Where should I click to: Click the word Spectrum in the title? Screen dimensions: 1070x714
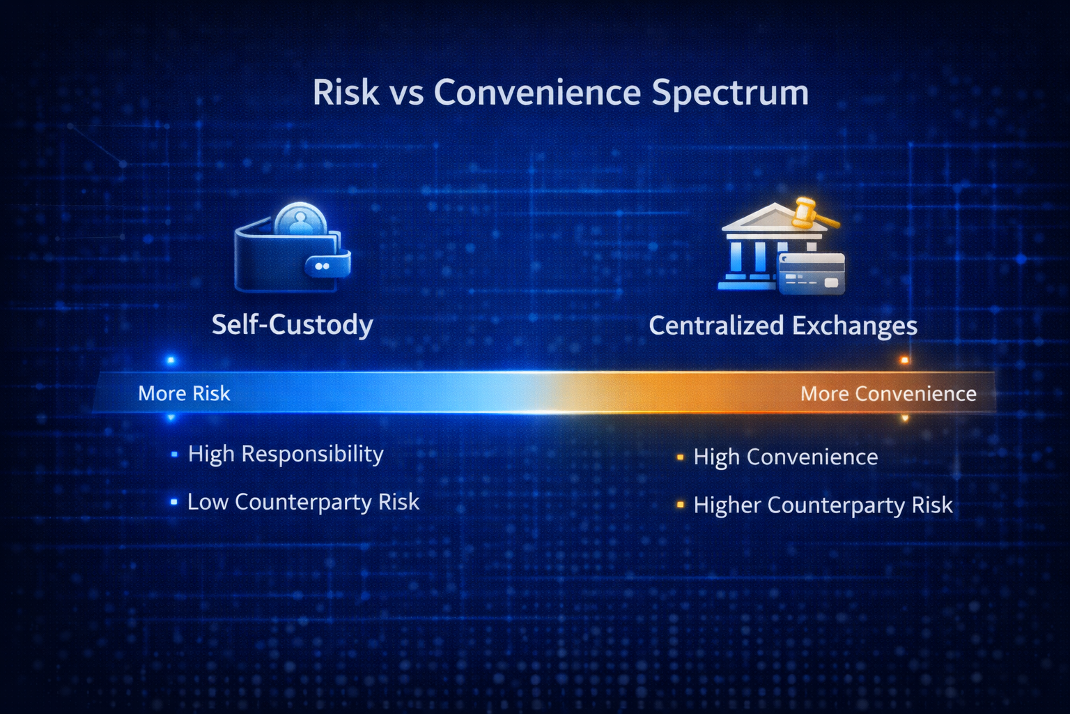coord(730,93)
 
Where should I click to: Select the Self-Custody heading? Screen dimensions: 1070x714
coord(293,325)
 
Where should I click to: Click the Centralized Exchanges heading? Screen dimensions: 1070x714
coord(783,326)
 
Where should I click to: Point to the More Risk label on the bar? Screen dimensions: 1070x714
coord(184,393)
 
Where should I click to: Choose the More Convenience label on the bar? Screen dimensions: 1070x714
coord(888,394)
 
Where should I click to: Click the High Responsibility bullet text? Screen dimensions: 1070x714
coord(286,455)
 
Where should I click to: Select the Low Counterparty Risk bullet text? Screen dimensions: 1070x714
coord(303,502)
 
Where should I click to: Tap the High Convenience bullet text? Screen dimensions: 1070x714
coord(786,457)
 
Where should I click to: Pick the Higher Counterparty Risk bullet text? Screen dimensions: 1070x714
coord(823,506)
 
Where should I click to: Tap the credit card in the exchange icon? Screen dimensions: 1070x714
coord(812,273)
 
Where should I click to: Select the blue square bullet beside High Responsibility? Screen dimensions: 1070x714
coord(174,454)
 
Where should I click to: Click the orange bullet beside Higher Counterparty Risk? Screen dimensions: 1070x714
coord(680,505)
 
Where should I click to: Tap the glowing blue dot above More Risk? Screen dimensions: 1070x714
coord(171,360)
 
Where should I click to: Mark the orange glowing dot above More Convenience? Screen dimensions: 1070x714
coord(904,360)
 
